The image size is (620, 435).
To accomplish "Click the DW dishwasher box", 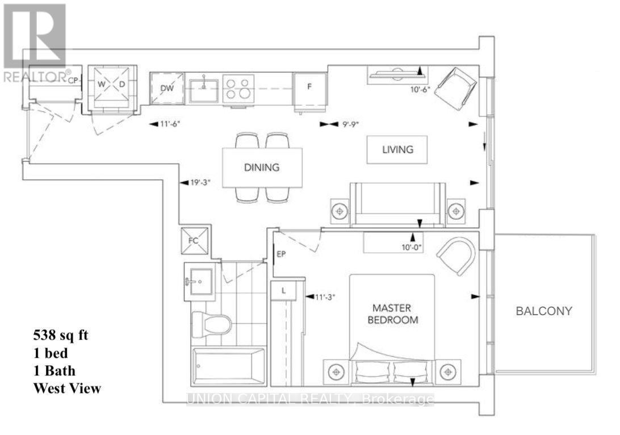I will (x=167, y=88).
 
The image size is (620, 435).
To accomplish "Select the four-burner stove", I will (x=238, y=89).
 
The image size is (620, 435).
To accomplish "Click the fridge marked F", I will (x=309, y=88).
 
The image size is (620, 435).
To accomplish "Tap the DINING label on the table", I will (x=262, y=167).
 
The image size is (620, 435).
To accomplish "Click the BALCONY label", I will (x=543, y=311).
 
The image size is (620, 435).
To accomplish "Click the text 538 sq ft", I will (x=60, y=335).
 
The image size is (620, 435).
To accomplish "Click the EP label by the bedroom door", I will (x=280, y=254).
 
